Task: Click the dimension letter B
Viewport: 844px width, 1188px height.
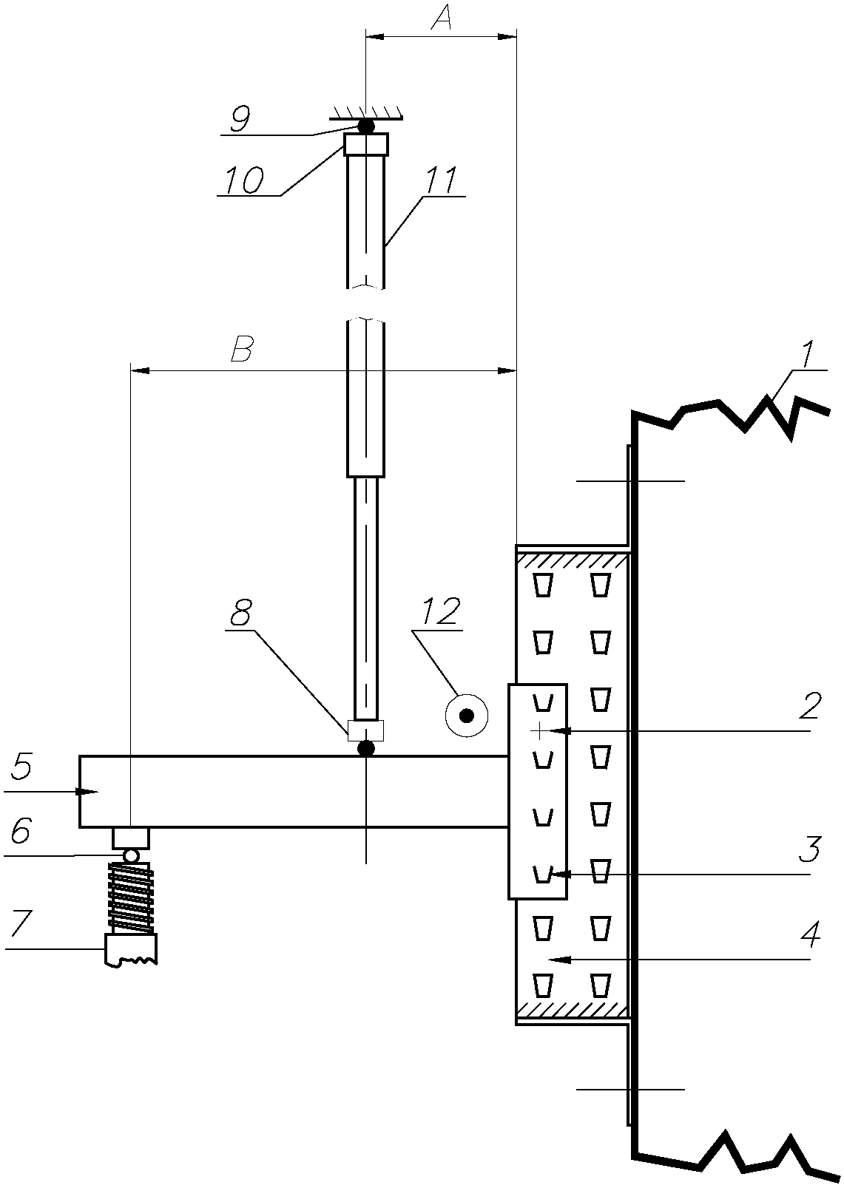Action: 242,349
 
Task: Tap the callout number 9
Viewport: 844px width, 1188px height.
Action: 240,120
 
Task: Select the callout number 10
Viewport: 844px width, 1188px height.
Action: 243,181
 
